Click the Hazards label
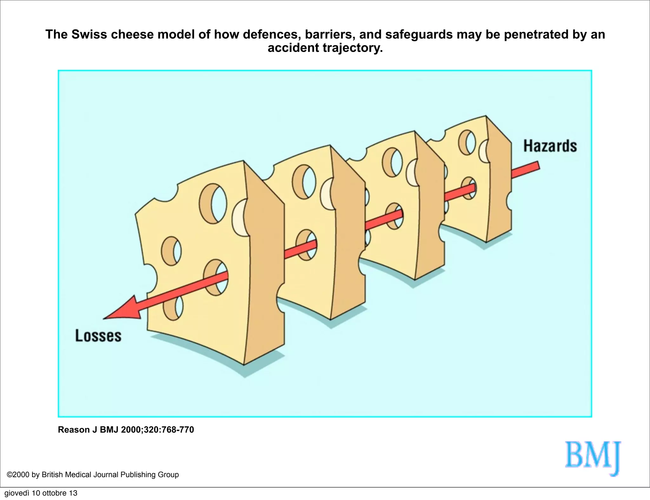click(550, 146)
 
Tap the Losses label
click(98, 336)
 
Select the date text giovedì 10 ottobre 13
click(41, 493)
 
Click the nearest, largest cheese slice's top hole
click(213, 203)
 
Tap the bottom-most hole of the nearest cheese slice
click(173, 307)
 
